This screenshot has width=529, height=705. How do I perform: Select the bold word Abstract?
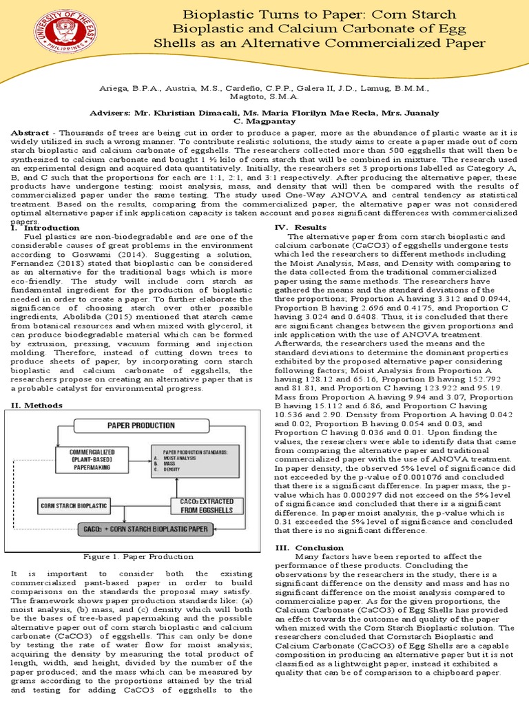coord(31,132)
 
